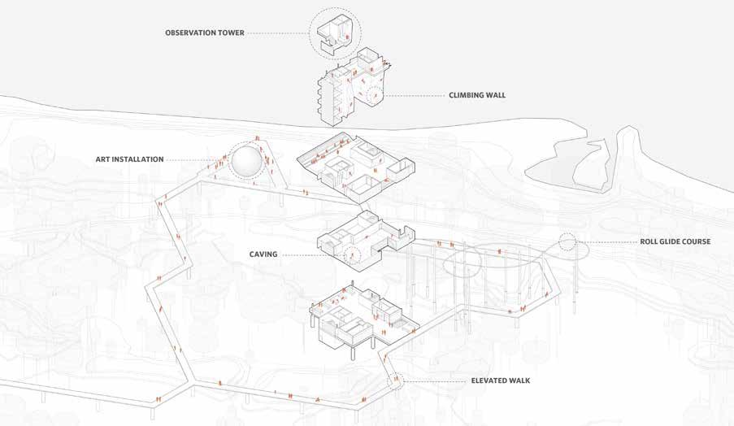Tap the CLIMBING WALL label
(477, 95)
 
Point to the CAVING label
(264, 254)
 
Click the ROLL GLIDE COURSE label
(675, 241)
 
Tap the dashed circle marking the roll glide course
(567, 242)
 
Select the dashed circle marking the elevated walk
(396, 380)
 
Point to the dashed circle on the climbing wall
(376, 98)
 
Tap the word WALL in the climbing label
(495, 95)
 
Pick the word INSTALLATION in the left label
(141, 159)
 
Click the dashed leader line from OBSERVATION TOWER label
(276, 33)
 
